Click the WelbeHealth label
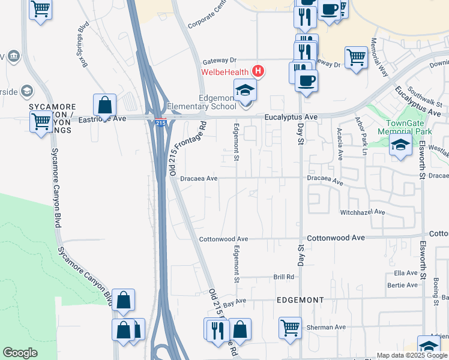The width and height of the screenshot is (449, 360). point(224,73)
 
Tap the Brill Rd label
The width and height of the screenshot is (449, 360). point(283,277)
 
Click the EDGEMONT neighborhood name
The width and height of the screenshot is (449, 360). point(300,299)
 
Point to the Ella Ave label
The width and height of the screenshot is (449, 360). point(405,273)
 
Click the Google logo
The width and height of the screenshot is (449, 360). point(20,353)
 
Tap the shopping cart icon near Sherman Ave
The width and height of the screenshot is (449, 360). point(290,328)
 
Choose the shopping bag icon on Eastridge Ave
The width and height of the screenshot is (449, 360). point(105,104)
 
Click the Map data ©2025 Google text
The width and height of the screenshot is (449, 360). point(412,355)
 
